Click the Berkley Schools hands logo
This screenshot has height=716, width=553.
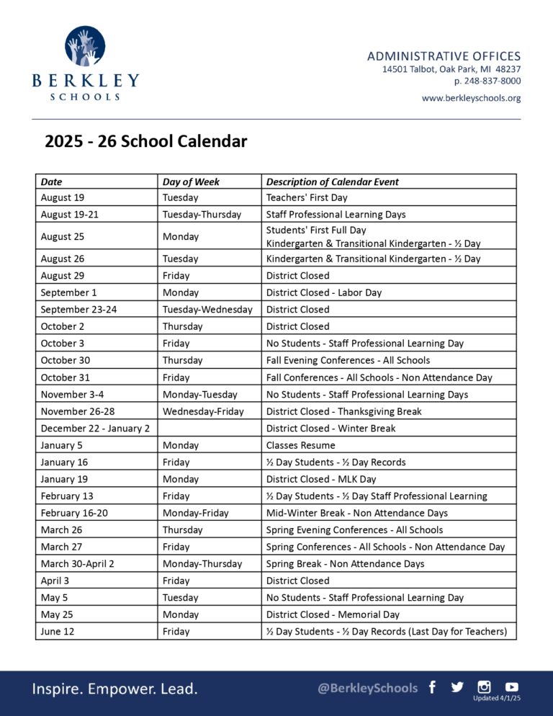pyautogui.click(x=85, y=47)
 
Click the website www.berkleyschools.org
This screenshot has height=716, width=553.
pyautogui.click(x=471, y=98)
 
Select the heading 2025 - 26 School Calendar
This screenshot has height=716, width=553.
pyautogui.click(x=146, y=141)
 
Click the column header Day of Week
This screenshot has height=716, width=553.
pyautogui.click(x=191, y=182)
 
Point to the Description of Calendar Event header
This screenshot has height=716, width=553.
pyautogui.click(x=332, y=182)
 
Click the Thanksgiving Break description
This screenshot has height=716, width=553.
pyautogui.click(x=343, y=411)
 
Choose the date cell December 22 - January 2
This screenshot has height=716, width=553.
pyautogui.click(x=95, y=428)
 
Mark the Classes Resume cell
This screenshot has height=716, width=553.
pyautogui.click(x=300, y=445)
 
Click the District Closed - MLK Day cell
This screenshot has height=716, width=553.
pyautogui.click(x=321, y=479)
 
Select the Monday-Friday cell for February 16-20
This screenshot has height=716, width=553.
pyautogui.click(x=195, y=513)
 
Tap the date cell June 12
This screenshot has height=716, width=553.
pyautogui.click(x=58, y=631)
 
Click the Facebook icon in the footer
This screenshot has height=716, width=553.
pyautogui.click(x=432, y=687)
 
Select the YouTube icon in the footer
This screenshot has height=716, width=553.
pyautogui.click(x=511, y=687)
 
